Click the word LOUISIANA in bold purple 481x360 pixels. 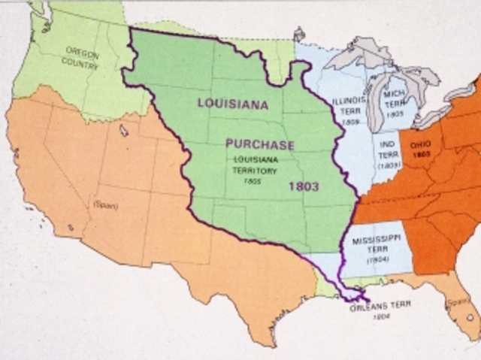pos(235,103)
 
